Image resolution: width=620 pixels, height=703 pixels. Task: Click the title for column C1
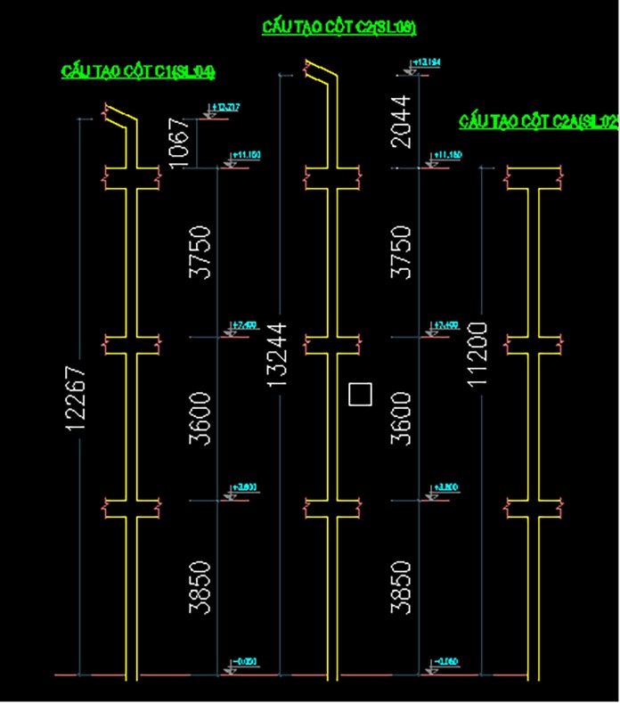[138, 71]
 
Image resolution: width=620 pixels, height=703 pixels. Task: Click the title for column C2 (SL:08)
[339, 28]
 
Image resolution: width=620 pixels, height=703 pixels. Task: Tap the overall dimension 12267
[77, 398]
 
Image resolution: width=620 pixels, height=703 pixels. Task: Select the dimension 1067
[179, 141]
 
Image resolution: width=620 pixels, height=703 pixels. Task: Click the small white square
[360, 394]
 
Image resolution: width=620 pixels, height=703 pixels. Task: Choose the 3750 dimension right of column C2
[404, 252]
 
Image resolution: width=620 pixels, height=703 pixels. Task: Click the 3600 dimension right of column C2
[404, 419]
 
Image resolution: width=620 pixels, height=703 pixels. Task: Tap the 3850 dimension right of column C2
[404, 587]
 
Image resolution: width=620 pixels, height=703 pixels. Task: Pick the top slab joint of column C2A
[533, 178]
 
